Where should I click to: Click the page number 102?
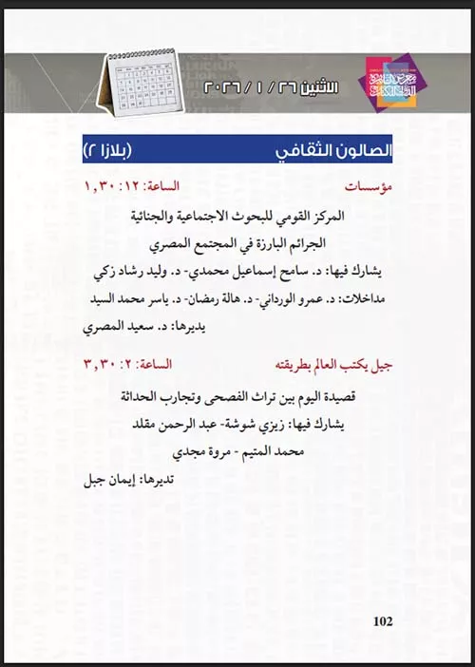point(384,621)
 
